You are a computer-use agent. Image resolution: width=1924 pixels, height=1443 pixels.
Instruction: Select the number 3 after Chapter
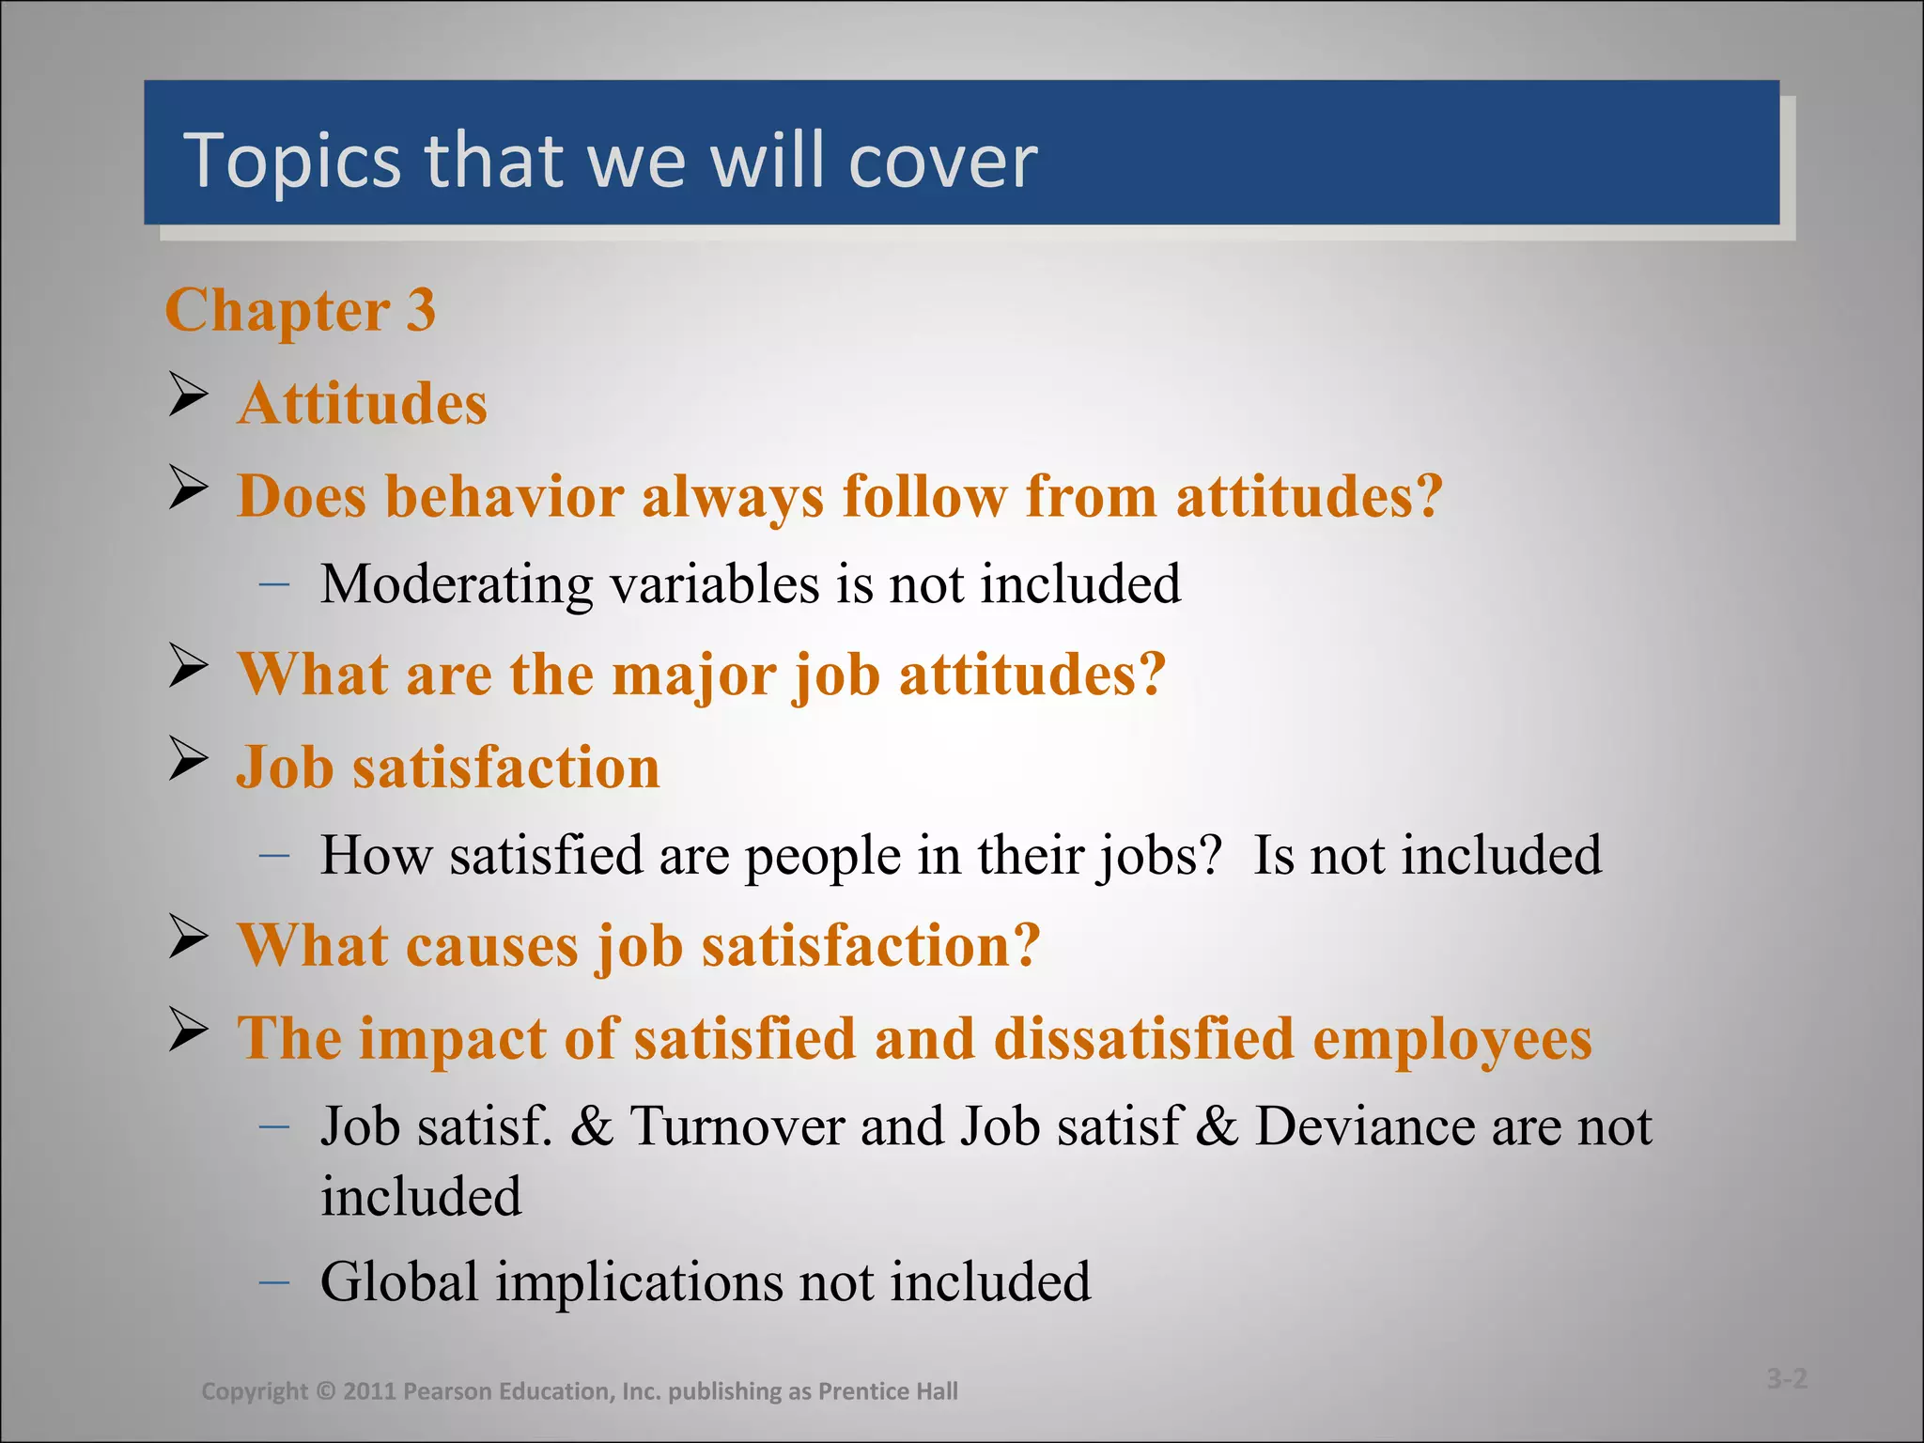point(420,310)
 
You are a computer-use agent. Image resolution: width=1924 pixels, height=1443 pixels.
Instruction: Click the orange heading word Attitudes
point(362,404)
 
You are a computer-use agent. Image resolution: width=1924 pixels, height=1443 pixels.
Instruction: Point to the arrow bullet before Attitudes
point(188,395)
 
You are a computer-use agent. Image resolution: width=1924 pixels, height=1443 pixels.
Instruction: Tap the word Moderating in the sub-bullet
point(457,584)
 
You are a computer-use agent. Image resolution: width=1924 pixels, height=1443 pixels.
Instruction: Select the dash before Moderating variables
point(273,584)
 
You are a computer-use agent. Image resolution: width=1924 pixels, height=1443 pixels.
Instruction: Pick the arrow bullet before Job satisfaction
point(188,759)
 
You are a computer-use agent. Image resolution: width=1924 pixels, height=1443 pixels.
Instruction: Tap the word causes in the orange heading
point(491,945)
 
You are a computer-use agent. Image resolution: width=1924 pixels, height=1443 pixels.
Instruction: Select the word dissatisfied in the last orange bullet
point(1143,1039)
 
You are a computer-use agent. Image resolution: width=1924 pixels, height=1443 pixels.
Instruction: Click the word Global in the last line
point(399,1281)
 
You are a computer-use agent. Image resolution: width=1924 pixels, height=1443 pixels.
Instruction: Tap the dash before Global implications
point(273,1281)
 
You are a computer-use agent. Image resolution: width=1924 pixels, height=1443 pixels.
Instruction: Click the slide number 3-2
point(1786,1379)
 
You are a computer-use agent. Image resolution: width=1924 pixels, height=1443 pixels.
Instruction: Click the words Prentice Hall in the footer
point(888,1391)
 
